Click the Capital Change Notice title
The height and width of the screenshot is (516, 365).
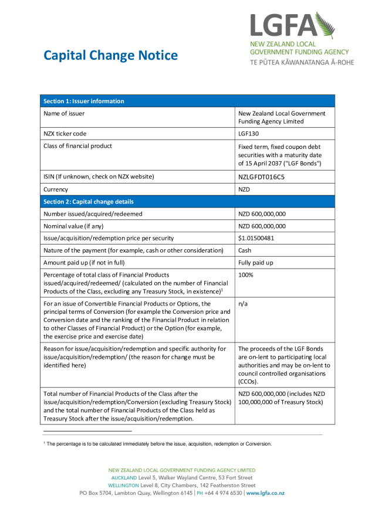[x=110, y=56]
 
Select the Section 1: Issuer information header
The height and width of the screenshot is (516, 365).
[x=83, y=101]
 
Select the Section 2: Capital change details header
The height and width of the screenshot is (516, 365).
[x=88, y=202]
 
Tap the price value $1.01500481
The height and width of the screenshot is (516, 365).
[x=262, y=238]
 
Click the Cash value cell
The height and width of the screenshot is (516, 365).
[x=245, y=250]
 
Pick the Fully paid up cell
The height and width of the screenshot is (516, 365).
[x=256, y=263]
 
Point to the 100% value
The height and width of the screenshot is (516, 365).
[x=246, y=275]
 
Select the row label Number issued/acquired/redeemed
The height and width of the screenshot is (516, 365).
[x=93, y=214]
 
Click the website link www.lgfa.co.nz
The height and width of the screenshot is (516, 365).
[x=265, y=493]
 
